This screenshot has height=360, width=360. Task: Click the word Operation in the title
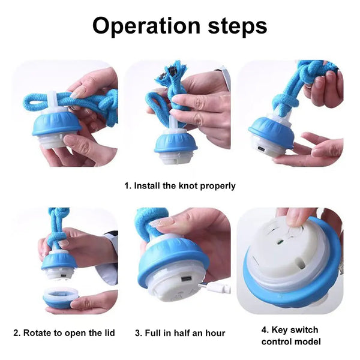click(146, 26)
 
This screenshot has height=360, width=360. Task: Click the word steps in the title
click(238, 26)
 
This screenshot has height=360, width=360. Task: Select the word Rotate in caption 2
click(37, 332)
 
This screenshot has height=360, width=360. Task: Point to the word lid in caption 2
click(109, 332)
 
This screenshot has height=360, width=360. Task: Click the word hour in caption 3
click(215, 333)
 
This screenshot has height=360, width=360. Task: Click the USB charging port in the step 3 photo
click(187, 279)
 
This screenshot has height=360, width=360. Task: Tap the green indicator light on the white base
click(280, 242)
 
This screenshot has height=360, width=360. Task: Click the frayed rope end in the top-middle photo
click(167, 71)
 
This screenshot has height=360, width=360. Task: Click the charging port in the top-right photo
click(260, 149)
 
